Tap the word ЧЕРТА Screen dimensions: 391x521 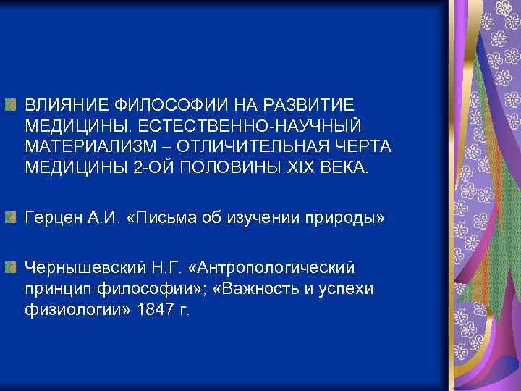[x=362, y=147]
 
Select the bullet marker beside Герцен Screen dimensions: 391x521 [x=9, y=216]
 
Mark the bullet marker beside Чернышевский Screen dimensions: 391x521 [x=9, y=267]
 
